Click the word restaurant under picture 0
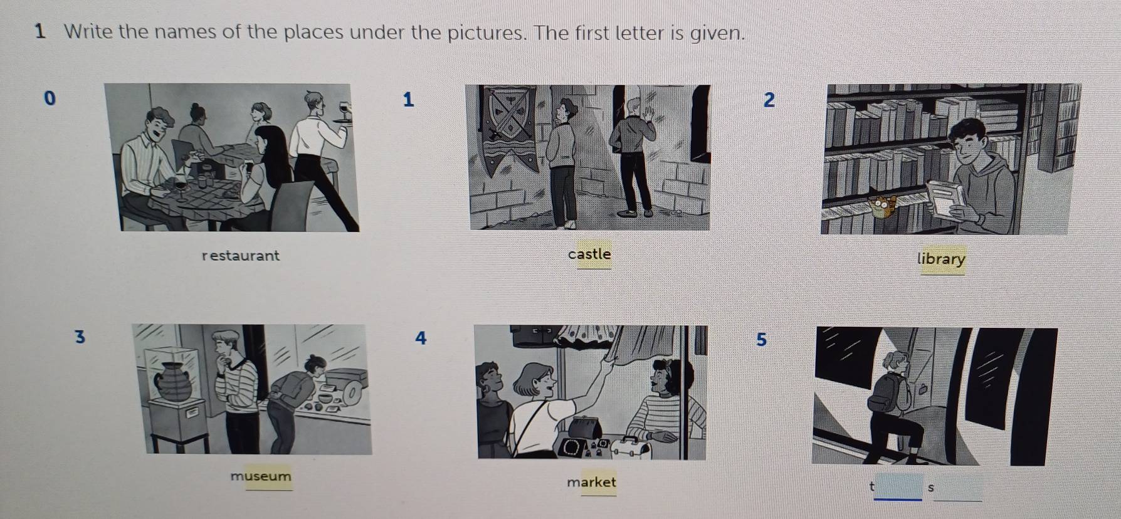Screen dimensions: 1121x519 click(241, 256)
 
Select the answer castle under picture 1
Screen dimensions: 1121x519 click(589, 254)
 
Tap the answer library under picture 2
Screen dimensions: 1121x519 click(941, 259)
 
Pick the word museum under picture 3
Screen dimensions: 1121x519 click(261, 476)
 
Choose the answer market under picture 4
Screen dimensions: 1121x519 click(591, 482)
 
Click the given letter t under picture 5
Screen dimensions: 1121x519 click(871, 486)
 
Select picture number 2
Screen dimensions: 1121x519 click(770, 100)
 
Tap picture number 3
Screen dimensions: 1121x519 click(79, 337)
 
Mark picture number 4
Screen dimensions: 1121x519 click(421, 338)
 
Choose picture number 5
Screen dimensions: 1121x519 click(761, 339)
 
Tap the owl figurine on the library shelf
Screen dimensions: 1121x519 click(883, 206)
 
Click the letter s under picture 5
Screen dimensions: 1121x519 click(930, 488)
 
